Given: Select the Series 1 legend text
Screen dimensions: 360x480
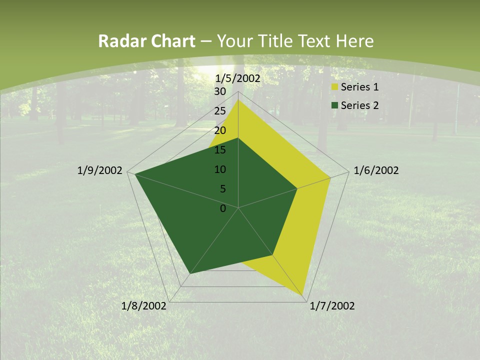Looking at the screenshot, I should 359,87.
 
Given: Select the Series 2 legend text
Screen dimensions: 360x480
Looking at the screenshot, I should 359,105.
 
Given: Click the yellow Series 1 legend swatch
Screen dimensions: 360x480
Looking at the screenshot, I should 334,87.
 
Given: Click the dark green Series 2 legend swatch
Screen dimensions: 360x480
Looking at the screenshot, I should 334,105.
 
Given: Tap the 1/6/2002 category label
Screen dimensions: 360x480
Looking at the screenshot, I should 376,170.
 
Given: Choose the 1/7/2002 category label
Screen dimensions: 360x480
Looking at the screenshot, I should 332,306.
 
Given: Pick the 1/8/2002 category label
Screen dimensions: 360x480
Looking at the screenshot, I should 144,306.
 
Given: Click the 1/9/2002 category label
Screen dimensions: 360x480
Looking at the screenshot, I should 100,170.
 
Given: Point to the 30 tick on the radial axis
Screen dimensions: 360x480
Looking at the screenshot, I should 220,91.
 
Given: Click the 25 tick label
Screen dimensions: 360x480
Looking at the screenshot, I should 220,111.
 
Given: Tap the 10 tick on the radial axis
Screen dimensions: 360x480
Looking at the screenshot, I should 220,169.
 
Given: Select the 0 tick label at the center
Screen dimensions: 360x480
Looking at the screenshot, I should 223,208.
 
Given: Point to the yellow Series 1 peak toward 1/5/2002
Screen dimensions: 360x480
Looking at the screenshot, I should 238,100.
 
